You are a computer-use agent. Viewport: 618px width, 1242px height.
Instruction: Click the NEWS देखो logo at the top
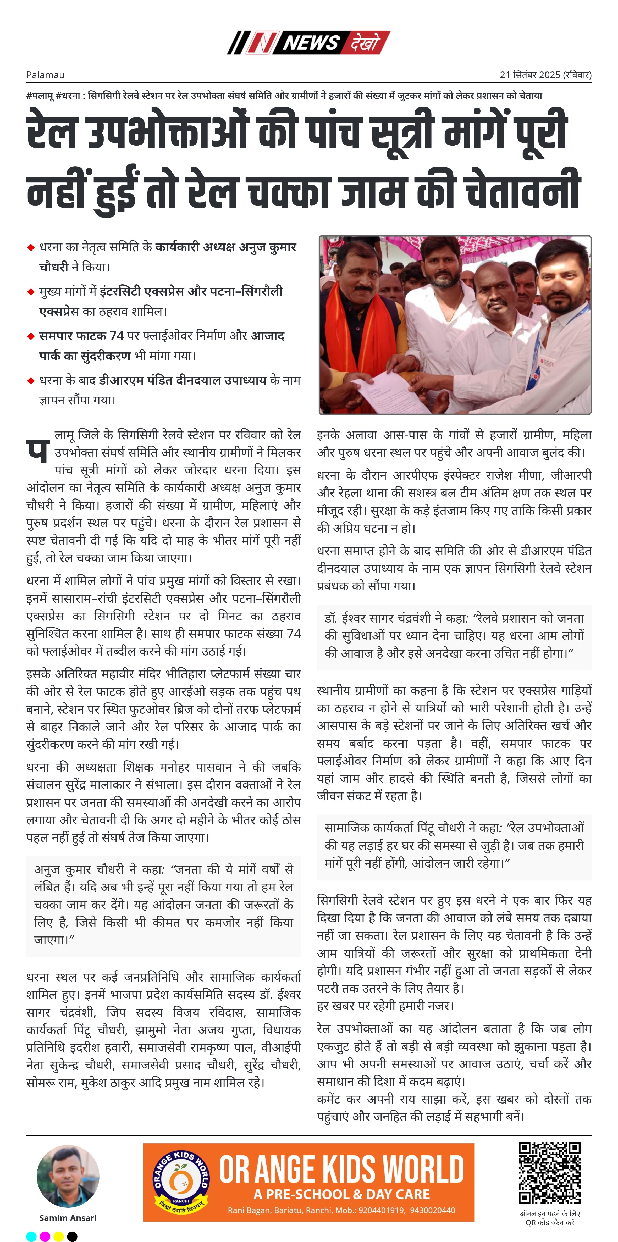(309, 42)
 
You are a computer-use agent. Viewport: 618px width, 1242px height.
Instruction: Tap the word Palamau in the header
(45, 75)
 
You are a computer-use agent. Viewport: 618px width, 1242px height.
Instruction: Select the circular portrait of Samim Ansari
(68, 1177)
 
